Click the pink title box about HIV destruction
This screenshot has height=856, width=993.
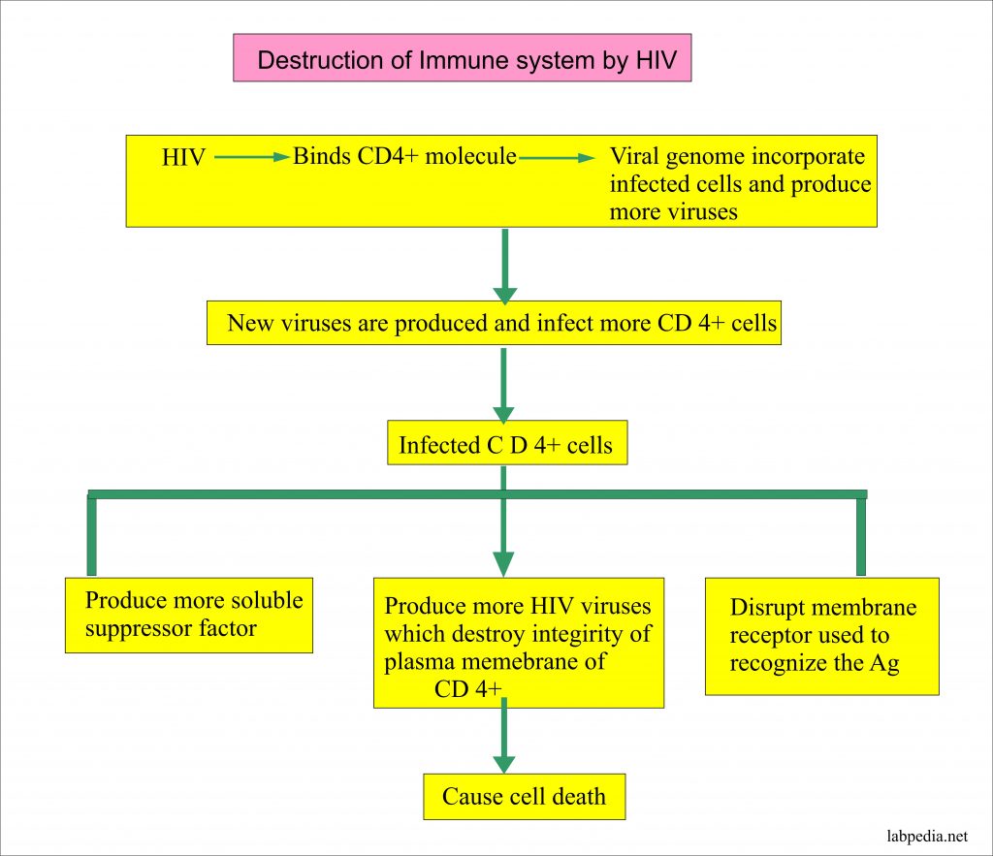[462, 59]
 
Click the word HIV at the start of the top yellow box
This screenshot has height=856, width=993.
[183, 158]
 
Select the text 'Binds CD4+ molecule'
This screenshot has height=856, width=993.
[404, 156]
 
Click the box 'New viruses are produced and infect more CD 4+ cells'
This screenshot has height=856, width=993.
[494, 324]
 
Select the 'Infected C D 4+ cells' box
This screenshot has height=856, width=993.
[505, 445]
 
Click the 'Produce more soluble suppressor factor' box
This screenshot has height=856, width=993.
[188, 615]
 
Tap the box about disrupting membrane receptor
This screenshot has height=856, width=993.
[821, 635]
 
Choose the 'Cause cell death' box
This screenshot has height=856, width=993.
[524, 797]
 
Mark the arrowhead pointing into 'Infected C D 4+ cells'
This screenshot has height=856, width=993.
[503, 410]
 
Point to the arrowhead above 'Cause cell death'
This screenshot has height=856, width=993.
[503, 762]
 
